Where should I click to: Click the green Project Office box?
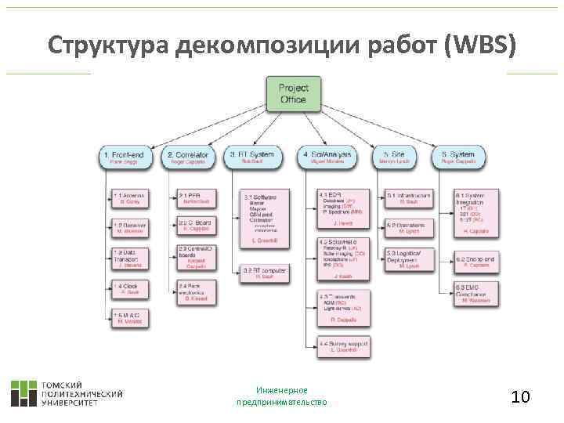293,94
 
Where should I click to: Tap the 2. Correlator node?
189,157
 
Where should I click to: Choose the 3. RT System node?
253,157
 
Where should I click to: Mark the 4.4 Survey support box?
343,345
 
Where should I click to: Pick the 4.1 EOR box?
343,208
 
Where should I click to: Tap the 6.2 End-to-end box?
477,262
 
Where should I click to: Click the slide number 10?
520,397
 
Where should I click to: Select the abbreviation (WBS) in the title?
480,45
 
